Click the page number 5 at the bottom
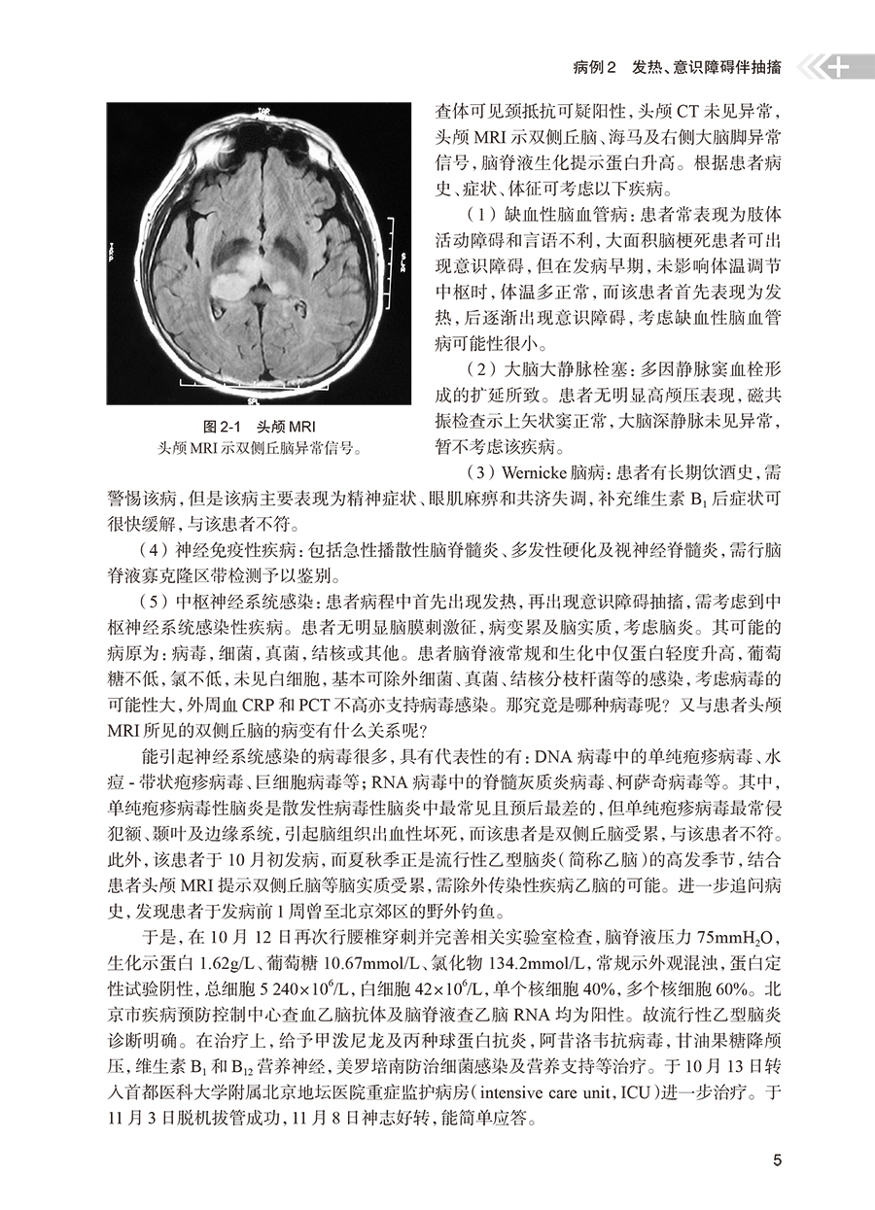(x=775, y=1159)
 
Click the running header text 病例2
(x=591, y=69)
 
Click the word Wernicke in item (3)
(x=538, y=472)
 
